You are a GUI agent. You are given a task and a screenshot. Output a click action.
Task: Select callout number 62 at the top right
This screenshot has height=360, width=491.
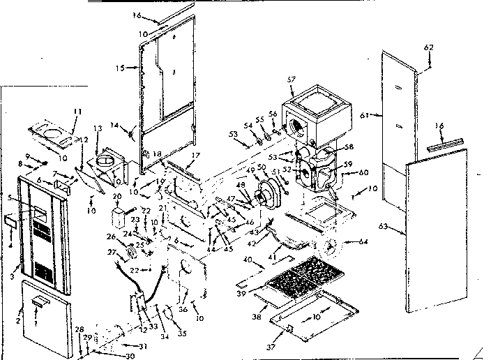click(428, 47)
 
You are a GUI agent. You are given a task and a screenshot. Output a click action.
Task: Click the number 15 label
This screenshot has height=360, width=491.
click(119, 68)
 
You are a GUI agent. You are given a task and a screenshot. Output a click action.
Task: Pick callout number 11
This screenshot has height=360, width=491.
click(77, 112)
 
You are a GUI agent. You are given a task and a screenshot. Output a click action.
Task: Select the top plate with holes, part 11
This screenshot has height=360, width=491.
click(52, 133)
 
